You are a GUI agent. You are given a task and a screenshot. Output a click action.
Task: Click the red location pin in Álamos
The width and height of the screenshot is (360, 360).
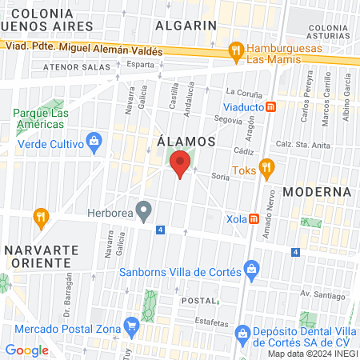pos(181,164)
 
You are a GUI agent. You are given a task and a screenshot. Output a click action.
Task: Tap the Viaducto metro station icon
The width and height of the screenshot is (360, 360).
pos(271,106)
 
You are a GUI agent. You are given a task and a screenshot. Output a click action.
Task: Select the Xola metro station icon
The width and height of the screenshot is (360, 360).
pos(254,218)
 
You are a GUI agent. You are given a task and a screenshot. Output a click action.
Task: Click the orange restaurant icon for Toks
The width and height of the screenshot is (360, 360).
pos(267,169)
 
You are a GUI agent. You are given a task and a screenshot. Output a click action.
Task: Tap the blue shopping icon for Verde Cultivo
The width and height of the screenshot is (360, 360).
pos(94,143)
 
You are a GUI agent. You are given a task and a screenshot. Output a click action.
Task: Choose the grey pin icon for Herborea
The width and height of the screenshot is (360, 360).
pos(144,213)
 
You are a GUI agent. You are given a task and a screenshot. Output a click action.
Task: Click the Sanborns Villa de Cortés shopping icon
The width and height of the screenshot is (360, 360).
pos(252,270)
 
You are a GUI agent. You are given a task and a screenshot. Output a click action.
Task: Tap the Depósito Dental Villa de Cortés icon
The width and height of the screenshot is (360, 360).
pos(240,331)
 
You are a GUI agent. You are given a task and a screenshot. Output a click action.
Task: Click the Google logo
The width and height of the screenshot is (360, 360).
pos(26,350)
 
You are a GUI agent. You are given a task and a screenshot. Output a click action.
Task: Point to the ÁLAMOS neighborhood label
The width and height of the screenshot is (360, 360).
pos(186,141)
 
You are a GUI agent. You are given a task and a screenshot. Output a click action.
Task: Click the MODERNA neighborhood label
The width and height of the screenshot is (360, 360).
pos(318,192)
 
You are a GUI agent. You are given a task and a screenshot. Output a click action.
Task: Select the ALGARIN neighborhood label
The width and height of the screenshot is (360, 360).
pos(186,25)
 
